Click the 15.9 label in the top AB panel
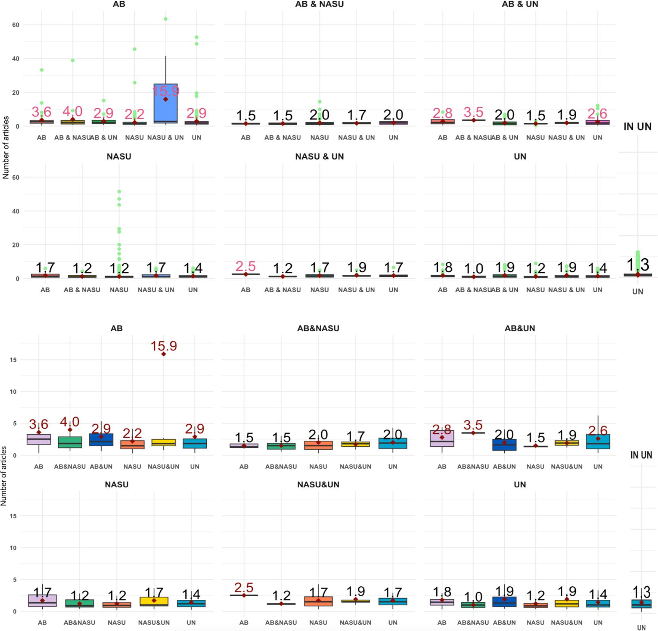[x=166, y=91]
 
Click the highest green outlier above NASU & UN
[x=166, y=19]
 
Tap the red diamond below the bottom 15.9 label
[x=164, y=354]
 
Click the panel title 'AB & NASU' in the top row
[x=319, y=4]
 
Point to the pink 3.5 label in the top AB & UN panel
[x=473, y=112]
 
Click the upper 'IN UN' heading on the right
[x=637, y=127]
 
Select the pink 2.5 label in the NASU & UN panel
[x=245, y=266]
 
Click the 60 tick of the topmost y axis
[x=15, y=25]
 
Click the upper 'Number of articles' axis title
[x=6, y=148]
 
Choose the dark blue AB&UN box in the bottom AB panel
[x=101, y=440]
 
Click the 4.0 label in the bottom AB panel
[x=70, y=422]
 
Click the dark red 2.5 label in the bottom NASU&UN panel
[x=244, y=588]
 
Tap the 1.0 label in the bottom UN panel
[x=473, y=597]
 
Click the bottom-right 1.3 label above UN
[x=641, y=592]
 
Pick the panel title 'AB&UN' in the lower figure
[x=520, y=328]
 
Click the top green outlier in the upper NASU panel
[x=119, y=192]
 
